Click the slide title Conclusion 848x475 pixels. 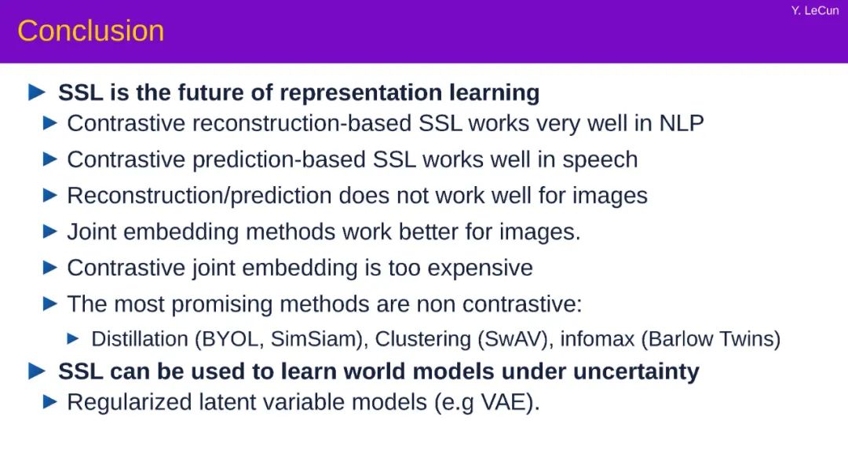click(x=91, y=31)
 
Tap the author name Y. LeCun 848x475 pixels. click(x=814, y=11)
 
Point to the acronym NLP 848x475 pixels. click(x=681, y=123)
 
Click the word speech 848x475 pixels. click(x=600, y=160)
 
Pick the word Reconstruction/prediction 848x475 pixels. click(x=199, y=195)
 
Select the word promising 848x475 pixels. click(x=221, y=305)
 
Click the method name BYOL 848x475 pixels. click(x=230, y=339)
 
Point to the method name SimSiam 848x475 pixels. click(x=316, y=339)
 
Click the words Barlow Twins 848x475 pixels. click(x=711, y=339)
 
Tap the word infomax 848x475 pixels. click(x=597, y=339)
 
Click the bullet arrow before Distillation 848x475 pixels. click(x=72, y=339)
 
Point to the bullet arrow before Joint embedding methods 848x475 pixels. click(x=49, y=232)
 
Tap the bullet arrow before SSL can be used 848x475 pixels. click(x=36, y=371)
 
